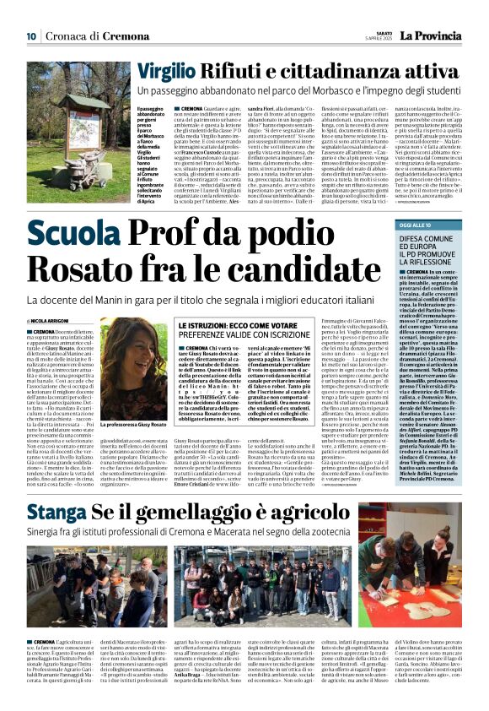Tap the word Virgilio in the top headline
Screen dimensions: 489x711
tap(172, 72)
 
